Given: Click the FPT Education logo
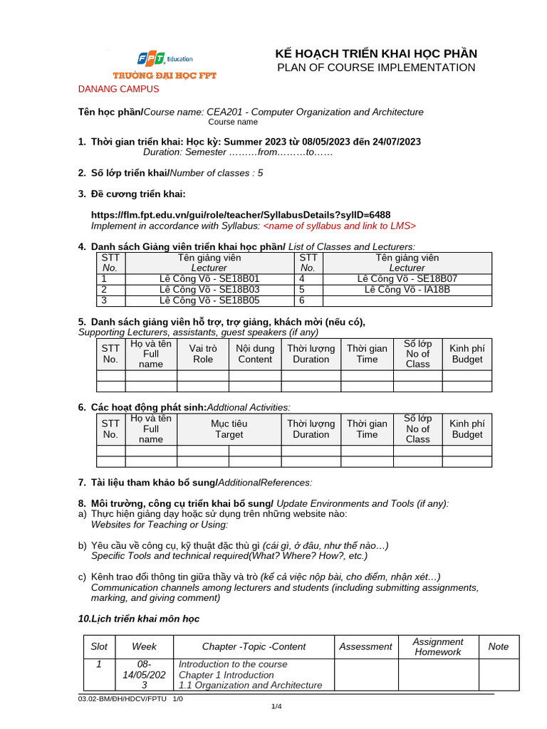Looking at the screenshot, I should pos(165,63).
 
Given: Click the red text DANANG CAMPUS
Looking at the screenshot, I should pos(118,89).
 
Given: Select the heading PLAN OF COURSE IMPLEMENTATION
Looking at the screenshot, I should pos(376,68).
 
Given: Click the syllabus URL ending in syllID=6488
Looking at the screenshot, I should pos(241,215).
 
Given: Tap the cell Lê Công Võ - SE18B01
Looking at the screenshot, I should pos(209,279).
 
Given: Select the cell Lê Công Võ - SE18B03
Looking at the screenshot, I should pos(209,290).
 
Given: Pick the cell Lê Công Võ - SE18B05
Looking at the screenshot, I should pos(209,300).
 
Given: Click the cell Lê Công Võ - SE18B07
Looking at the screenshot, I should pos(407,279).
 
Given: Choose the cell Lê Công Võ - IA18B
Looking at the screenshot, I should pos(407,290).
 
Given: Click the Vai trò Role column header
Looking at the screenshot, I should pos(203,354).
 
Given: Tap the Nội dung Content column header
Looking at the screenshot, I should pos(255,354).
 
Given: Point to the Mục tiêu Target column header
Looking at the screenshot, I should pos(229,429).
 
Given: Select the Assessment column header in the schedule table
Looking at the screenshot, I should pos(365,646).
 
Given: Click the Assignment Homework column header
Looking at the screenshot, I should pos(438,646).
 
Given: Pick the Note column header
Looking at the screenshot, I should pos(499,646).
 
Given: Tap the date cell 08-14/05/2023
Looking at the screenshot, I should pos(145,674).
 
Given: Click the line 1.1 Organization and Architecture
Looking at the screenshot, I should pos(250,685).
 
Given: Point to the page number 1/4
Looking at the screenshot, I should pos(276,706).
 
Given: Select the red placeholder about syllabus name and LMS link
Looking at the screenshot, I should pos(340,226).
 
